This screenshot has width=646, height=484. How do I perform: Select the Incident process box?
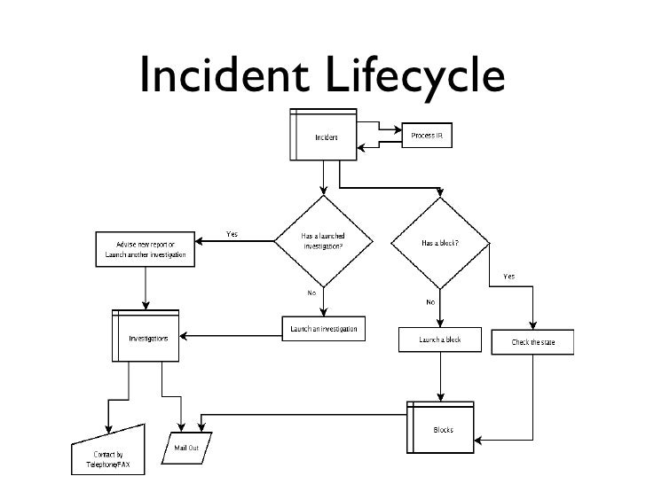click(x=323, y=137)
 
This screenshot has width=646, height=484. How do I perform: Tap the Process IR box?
click(x=427, y=135)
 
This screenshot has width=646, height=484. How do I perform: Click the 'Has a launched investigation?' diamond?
click(x=323, y=242)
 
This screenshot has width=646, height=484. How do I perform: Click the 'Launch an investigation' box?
click(x=323, y=328)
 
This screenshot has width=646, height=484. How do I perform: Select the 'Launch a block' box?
click(x=441, y=340)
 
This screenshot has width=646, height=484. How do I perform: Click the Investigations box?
click(x=147, y=337)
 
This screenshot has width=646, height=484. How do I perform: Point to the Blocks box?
click(x=441, y=429)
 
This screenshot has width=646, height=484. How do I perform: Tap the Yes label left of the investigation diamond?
click(x=232, y=235)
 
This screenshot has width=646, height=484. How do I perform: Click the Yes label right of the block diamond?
click(x=508, y=276)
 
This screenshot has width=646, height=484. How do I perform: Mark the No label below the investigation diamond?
click(x=312, y=292)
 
